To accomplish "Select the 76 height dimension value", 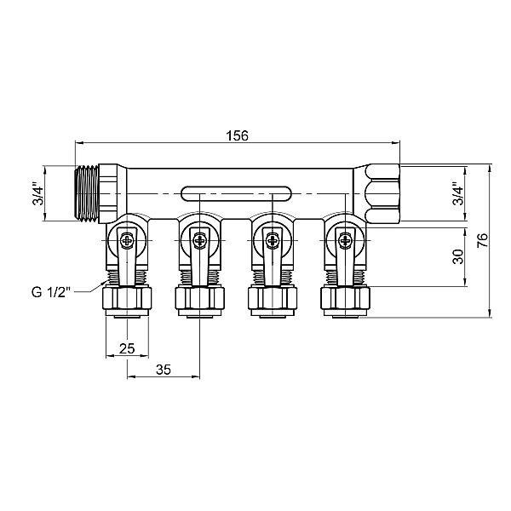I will [482, 241].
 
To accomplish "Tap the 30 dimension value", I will [456, 256].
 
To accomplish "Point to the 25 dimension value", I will [127, 348].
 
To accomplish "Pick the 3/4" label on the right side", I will [457, 193].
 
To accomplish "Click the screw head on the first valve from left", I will [127, 240].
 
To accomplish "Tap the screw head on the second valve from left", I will [199, 240].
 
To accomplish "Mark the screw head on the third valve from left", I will [272, 240].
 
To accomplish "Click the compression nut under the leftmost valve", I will [127, 299].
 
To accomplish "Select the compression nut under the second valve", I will [199, 299].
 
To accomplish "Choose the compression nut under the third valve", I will [272, 299].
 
